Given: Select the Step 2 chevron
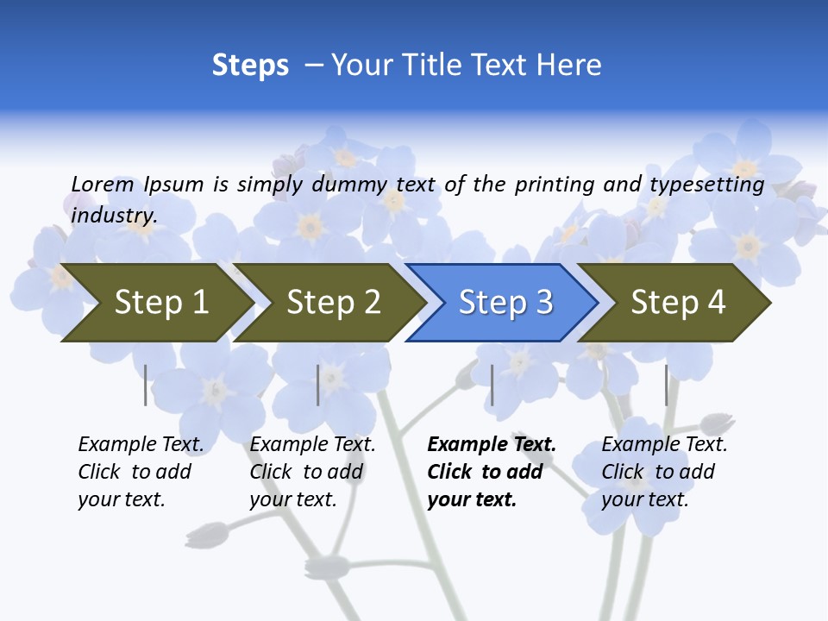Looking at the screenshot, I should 333,303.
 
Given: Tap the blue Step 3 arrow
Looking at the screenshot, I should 505,303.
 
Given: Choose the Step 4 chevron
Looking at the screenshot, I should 678,303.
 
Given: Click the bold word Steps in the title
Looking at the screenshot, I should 250,66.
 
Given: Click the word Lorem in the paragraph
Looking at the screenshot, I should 103,184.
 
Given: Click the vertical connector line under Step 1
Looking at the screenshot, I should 146,385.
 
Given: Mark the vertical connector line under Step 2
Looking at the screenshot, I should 318,385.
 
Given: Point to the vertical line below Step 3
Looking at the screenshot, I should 492,385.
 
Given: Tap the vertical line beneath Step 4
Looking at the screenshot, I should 667,385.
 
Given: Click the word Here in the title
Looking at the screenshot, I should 569,66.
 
